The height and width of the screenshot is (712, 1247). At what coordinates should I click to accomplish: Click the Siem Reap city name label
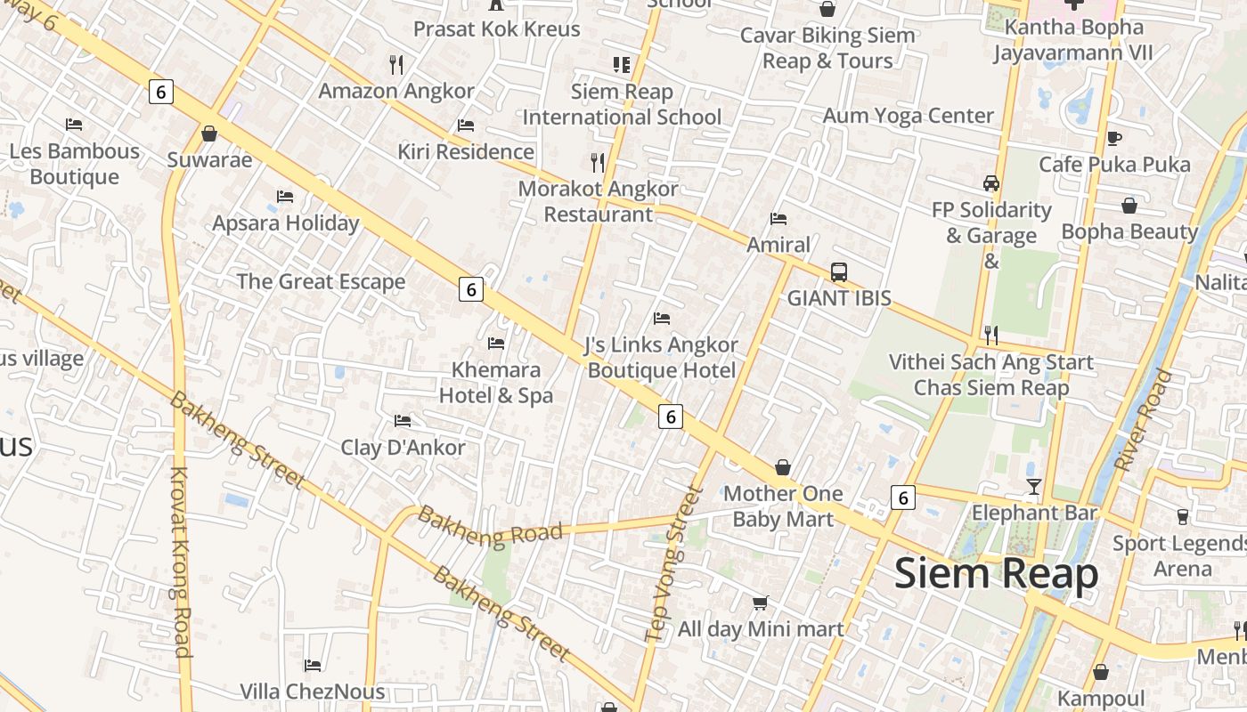click(996, 574)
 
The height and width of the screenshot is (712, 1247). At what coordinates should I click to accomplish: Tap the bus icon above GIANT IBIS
click(838, 272)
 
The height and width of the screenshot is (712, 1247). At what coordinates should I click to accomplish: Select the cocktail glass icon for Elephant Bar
click(1033, 486)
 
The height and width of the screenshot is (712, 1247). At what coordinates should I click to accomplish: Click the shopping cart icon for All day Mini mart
click(760, 603)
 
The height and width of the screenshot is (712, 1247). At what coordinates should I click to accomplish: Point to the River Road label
click(1144, 420)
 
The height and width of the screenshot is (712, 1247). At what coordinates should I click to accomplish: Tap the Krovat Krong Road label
click(181, 562)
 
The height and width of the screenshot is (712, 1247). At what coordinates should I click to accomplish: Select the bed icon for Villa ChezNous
click(313, 665)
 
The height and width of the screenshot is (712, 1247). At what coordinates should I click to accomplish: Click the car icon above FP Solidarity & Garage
click(990, 183)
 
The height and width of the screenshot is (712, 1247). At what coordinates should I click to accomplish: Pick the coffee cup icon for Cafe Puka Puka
click(1113, 138)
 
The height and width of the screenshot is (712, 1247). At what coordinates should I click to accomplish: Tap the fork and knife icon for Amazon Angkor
click(396, 64)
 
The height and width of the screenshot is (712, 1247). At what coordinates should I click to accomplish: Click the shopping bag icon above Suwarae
click(209, 133)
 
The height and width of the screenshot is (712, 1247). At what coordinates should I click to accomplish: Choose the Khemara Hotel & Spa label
click(496, 383)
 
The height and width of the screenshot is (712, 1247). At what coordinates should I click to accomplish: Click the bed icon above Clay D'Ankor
click(403, 420)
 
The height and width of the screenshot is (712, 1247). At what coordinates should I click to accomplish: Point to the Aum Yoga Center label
click(908, 116)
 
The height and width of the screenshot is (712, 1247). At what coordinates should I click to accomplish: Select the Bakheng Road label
click(490, 526)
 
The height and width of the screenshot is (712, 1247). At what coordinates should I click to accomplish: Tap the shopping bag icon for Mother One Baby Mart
click(782, 466)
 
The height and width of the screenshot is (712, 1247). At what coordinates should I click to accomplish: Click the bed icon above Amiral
click(778, 218)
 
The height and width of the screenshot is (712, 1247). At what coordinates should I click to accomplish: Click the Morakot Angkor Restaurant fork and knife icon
click(598, 162)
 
